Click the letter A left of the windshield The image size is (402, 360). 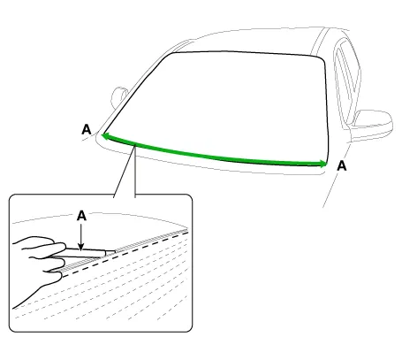[87, 129]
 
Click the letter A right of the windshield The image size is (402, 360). [342, 166]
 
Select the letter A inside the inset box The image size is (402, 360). [81, 216]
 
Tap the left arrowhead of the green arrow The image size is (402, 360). [104, 136]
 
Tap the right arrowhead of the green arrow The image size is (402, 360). [324, 164]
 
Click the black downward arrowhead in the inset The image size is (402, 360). [81, 247]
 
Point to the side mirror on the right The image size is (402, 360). [372, 123]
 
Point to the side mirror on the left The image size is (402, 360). [118, 96]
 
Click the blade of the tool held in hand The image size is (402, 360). [110, 252]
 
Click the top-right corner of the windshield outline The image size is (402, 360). [322, 57]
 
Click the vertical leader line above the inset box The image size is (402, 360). [135, 171]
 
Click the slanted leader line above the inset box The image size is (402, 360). [125, 172]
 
